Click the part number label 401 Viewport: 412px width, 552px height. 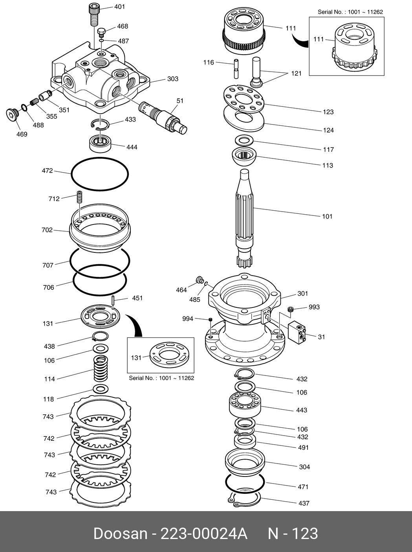tap(120, 7)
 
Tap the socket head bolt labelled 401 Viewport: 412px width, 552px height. tap(93, 14)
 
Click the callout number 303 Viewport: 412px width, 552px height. tap(173, 79)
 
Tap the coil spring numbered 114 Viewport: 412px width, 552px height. tap(101, 368)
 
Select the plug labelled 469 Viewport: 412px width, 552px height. tap(12, 114)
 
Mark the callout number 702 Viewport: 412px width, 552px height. tap(47, 230)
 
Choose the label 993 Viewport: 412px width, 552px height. tap(314, 307)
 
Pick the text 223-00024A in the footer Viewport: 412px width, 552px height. tap(203, 534)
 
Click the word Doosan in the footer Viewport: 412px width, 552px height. tap(120, 534)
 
